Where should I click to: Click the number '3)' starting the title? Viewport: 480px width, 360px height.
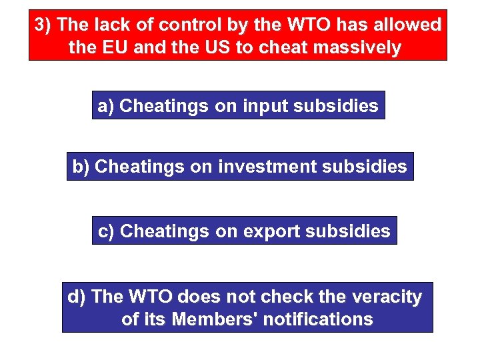point(43,25)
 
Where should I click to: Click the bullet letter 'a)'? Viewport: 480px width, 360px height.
point(106,105)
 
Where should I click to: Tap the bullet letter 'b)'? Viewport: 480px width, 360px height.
point(81,167)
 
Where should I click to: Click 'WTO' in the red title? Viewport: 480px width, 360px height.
point(303,25)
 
